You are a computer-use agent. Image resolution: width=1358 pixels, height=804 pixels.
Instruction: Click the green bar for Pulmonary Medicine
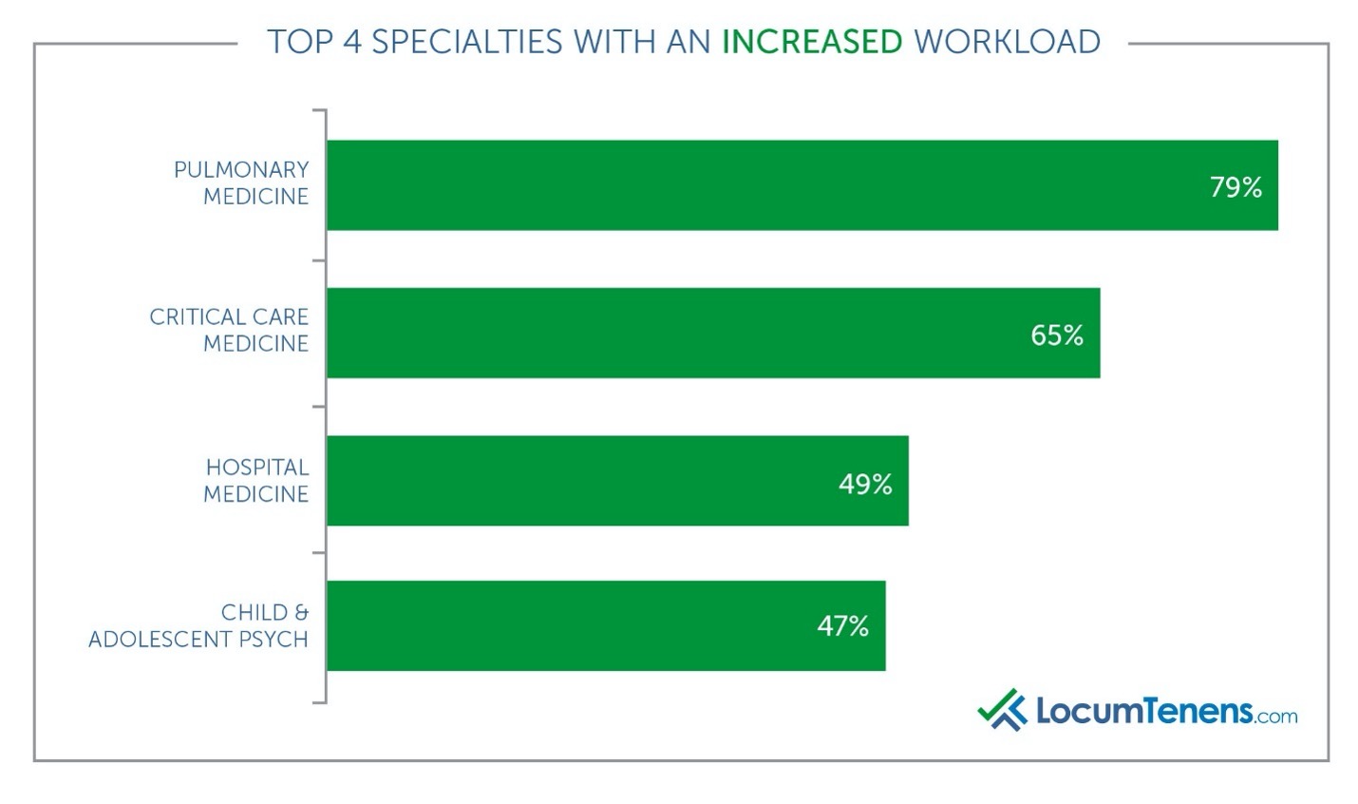760,185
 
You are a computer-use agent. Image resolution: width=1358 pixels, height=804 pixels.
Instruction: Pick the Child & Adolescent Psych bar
570,625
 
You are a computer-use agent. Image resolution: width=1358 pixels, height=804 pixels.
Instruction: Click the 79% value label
1235,187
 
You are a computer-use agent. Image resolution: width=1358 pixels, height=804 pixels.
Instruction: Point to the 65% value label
1057,335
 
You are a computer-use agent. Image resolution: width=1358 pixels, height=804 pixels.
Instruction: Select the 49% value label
865,485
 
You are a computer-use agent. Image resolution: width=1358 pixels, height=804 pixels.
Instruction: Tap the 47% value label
842,626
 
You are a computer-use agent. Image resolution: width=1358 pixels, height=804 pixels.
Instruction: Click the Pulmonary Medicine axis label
243,182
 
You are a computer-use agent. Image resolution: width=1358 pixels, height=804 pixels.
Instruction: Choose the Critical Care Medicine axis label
230,330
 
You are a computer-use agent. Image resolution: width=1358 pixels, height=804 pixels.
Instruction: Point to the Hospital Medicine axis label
257,480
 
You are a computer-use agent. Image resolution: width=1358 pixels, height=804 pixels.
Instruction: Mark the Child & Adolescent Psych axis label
199,625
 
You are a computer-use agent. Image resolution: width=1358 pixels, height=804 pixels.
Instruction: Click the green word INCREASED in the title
812,42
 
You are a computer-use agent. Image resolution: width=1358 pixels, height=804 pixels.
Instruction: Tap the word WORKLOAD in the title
1007,42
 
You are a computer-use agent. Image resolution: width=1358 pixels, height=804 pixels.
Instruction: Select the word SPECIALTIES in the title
466,42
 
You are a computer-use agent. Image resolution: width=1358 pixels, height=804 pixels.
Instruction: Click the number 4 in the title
351,42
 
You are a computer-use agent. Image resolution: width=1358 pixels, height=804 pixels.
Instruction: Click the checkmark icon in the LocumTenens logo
1002,709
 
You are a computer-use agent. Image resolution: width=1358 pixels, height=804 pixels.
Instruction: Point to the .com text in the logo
1275,716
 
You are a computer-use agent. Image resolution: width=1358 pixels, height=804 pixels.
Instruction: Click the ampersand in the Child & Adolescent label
301,612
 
